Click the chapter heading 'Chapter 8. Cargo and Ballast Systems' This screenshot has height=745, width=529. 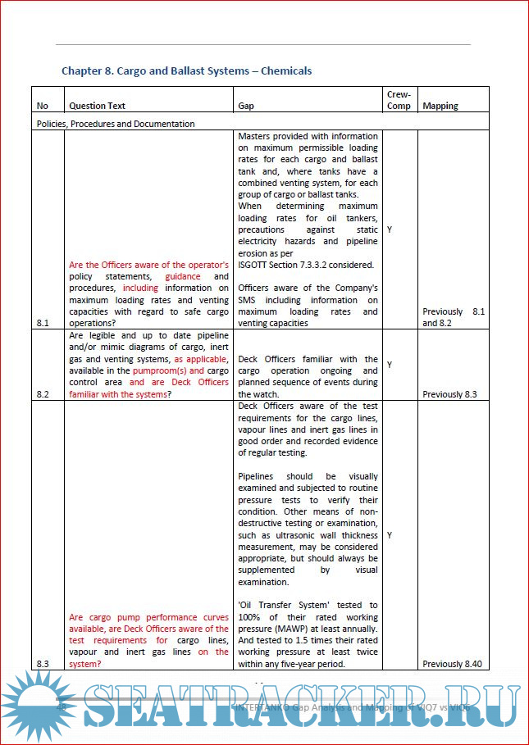tap(186, 71)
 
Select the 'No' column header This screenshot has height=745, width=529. tap(43, 106)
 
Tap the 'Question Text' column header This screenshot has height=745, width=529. tap(97, 106)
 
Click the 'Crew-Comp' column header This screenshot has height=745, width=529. tap(399, 100)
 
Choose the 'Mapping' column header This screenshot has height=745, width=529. tap(440, 106)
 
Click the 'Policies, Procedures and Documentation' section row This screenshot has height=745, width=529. tap(116, 124)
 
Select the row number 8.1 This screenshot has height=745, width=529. tap(43, 323)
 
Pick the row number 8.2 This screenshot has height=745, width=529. tap(43, 394)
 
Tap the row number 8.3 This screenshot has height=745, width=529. tap(43, 664)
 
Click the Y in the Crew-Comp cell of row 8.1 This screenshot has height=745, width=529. tap(389, 229)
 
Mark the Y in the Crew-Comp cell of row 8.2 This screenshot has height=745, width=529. tap(389, 365)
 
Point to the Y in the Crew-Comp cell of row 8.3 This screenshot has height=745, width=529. tap(389, 534)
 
